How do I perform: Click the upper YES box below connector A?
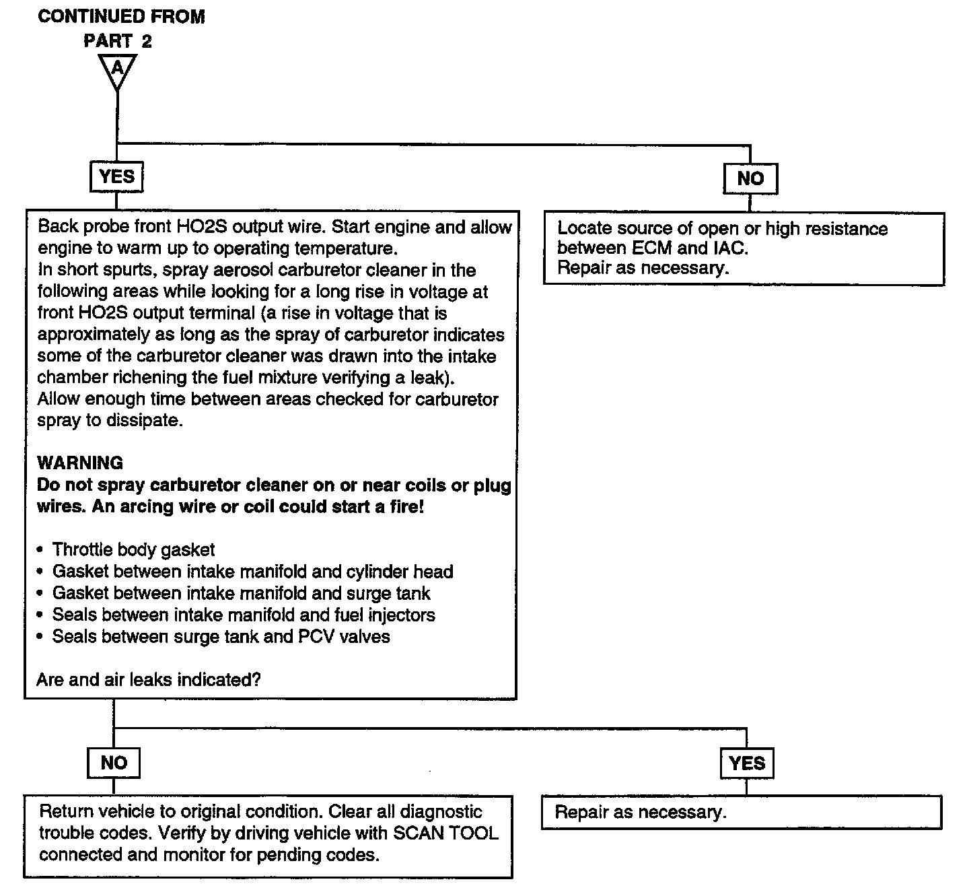point(116,177)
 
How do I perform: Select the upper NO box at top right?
point(750,179)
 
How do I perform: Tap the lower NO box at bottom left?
point(114,763)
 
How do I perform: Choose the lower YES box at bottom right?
point(747,763)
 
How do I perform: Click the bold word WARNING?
point(80,463)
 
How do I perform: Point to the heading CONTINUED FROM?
point(121,16)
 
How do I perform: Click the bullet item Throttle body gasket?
point(126,549)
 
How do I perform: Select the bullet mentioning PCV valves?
point(213,636)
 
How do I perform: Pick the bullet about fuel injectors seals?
point(236,615)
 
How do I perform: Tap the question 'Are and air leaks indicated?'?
point(149,680)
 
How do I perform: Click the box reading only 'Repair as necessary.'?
point(742,812)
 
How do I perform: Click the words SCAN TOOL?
point(445,833)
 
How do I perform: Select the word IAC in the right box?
point(731,248)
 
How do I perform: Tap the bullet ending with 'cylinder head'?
point(246,572)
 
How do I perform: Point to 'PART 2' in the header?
point(118,41)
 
